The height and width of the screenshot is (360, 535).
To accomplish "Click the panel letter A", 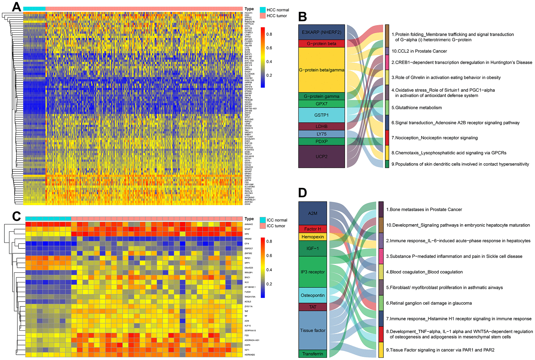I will point(17,7).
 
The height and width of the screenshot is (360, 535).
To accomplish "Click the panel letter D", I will point(302,193).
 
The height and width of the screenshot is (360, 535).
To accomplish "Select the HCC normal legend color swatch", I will point(262,10).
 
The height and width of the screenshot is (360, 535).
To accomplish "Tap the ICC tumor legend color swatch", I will point(262,226).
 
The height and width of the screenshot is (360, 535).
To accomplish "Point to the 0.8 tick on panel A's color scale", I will point(269,34).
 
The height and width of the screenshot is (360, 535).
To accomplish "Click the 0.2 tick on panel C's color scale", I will point(269,284).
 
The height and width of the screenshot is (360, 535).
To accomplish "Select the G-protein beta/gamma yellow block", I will point(322,70).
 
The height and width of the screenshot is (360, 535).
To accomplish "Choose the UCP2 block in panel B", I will point(322,156).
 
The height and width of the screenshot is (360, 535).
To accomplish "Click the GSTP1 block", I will point(322,115).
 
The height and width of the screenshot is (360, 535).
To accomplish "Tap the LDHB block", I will point(322,126).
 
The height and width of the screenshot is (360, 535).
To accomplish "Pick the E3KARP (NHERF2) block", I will point(322,32).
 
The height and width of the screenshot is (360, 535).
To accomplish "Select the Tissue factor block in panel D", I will point(313,330).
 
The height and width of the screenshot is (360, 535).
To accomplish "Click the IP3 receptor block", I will point(313,272).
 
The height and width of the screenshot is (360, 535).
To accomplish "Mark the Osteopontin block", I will point(313,295).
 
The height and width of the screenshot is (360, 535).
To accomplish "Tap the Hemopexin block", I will point(313,237).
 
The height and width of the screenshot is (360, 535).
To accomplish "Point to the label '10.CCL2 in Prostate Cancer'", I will point(419,51).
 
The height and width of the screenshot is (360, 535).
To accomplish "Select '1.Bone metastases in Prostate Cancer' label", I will point(424,210).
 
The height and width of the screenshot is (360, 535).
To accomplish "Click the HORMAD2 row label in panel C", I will point(250,355).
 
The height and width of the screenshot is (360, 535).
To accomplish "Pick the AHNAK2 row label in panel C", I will point(249,224).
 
